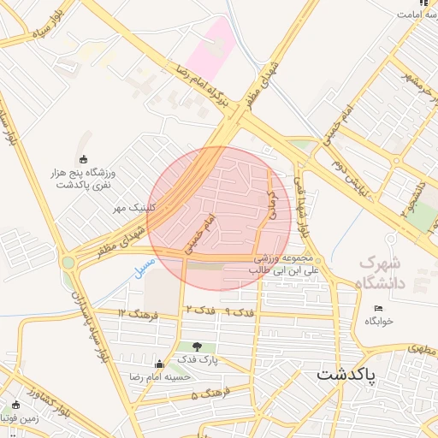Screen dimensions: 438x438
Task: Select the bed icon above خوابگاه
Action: [378, 308]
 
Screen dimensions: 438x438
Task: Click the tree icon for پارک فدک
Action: [198, 346]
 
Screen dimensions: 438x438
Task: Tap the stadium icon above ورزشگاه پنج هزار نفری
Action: [83, 159]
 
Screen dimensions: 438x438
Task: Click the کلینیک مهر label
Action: [132, 208]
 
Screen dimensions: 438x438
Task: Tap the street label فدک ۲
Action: [198, 308]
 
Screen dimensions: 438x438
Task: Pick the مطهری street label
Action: [417, 349]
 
